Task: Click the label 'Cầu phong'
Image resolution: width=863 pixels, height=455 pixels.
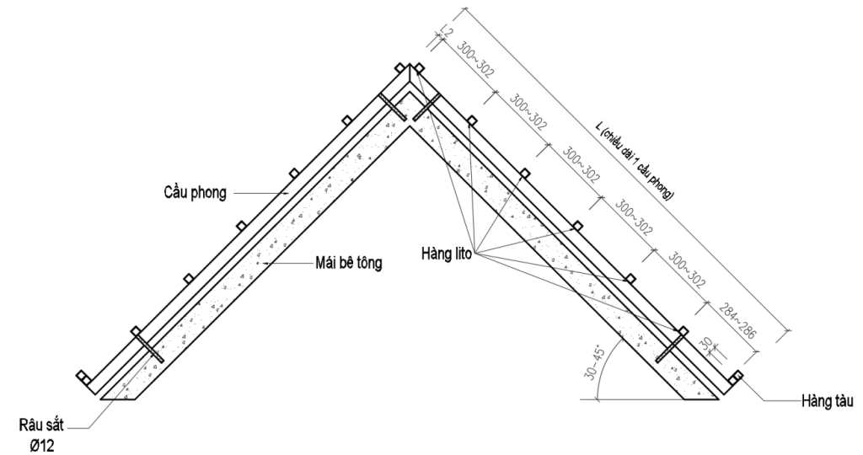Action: click(x=195, y=193)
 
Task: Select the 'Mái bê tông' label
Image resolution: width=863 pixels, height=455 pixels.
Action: click(x=348, y=262)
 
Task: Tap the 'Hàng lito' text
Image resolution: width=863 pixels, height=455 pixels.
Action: click(x=447, y=254)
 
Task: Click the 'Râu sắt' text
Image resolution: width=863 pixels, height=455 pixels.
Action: click(x=41, y=426)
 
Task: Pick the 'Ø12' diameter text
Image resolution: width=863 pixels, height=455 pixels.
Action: click(x=42, y=445)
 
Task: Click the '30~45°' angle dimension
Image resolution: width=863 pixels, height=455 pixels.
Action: click(x=596, y=362)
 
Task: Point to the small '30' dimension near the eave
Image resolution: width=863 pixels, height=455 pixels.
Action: click(x=706, y=345)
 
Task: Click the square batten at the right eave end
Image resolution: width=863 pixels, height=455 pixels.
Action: click(x=735, y=377)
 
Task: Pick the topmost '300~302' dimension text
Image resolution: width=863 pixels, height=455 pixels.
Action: click(x=476, y=60)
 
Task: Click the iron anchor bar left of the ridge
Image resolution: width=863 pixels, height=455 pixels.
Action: click(x=393, y=106)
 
